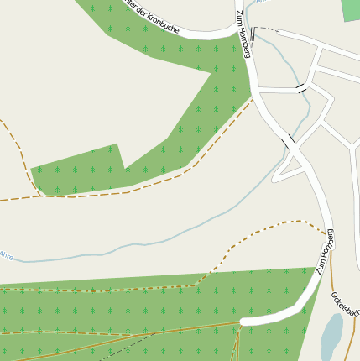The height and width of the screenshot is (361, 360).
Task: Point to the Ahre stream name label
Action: click(7, 254)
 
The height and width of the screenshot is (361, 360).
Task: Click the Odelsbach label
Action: click(344, 303)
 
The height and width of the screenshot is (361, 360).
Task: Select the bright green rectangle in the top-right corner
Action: click(351, 9)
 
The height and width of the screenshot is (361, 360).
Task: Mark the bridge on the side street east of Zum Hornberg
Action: click(300, 87)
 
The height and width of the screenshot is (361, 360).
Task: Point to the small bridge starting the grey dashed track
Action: click(253, 33)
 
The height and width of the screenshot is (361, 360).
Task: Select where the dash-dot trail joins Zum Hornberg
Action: click(326, 233)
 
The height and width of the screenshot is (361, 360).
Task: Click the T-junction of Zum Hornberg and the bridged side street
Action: click(261, 88)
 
